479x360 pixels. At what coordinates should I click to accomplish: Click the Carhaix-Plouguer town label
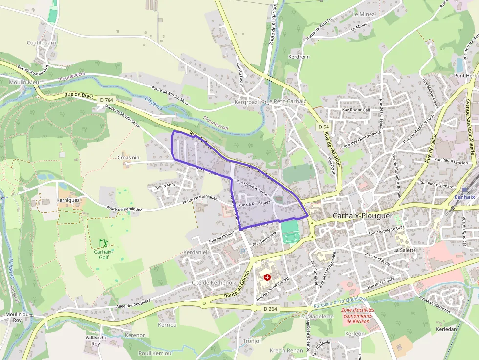coord(362,215)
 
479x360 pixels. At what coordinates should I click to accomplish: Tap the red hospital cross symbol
coord(267,277)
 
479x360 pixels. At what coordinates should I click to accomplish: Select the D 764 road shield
coord(106,100)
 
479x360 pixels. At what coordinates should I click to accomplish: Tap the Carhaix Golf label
coord(103,254)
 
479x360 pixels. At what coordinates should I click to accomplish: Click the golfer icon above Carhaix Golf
coord(103,243)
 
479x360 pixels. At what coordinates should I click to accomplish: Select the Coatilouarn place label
coord(42,42)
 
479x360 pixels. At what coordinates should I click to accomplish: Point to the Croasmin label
coord(129,158)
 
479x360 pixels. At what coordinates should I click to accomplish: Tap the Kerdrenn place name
coord(299,57)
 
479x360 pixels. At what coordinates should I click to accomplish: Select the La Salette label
coord(404,250)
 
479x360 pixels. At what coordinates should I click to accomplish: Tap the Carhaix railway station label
coord(464,197)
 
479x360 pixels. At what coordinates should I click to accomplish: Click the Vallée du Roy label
coord(96,340)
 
